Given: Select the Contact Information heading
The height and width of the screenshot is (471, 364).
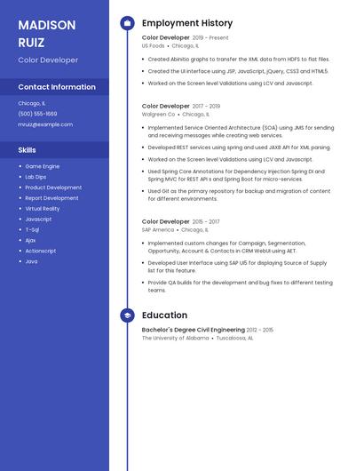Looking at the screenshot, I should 57,87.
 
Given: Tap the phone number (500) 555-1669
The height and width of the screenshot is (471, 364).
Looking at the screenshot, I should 37,114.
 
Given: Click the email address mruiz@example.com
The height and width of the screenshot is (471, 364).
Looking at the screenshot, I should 45,124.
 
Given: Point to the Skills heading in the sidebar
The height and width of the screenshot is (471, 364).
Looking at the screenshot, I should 28,150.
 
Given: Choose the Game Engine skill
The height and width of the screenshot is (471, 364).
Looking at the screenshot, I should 43,166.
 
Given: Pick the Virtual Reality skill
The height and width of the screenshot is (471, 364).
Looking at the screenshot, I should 43,209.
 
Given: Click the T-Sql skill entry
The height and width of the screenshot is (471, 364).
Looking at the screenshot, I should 33,229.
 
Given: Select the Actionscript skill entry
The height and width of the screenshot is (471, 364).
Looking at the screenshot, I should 40,251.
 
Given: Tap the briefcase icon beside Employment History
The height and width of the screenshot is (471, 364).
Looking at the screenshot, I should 127,23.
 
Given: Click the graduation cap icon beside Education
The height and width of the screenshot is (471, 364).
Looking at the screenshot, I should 127,315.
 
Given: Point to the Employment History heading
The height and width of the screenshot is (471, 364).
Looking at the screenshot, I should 187,23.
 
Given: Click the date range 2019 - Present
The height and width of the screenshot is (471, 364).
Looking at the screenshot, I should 210,38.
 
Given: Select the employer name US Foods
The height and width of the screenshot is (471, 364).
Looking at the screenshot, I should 153,45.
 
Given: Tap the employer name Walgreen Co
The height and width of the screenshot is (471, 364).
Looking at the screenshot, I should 159,114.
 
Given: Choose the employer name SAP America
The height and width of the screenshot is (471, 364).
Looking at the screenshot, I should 158,229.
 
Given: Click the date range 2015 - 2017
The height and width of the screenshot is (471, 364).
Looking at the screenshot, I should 206,221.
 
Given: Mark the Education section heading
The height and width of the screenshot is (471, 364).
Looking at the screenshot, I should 164,315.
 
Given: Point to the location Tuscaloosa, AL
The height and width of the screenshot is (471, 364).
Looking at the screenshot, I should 235,338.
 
